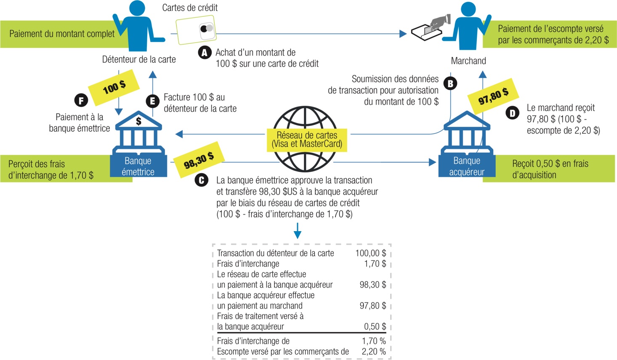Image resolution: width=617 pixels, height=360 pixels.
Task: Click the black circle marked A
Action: tap(205, 53)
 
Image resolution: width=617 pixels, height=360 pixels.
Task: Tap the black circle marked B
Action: tap(450, 83)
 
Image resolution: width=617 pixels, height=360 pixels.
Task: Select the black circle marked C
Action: tap(202, 180)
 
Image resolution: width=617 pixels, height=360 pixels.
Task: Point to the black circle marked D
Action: tap(512, 113)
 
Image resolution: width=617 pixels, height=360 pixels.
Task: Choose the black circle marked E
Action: tap(152, 101)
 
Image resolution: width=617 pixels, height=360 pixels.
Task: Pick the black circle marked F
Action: tap(81, 100)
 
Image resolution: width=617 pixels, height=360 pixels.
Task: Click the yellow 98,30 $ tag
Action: tap(199, 160)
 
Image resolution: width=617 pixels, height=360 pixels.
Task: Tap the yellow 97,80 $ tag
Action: tap(493, 96)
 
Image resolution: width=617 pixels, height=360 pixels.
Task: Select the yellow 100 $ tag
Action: tap(114, 87)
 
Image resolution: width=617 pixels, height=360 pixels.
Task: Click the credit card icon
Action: tap(196, 29)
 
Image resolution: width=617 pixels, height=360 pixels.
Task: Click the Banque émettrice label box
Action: tap(138, 166)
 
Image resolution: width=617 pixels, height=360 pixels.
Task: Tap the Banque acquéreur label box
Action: tap(467, 166)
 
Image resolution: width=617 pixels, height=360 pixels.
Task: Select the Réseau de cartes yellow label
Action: tap(307, 139)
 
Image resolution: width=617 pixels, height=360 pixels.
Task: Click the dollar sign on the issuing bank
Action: tap(138, 121)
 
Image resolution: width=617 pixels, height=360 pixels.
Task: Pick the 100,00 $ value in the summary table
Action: tap(370, 253)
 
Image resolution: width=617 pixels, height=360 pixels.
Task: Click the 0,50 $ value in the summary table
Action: tap(375, 326)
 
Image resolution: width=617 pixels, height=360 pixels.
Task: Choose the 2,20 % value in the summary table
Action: tap(373, 352)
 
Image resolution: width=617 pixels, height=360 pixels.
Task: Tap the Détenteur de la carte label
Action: tap(139, 59)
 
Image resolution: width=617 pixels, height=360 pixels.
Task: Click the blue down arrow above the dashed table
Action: tap(298, 231)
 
